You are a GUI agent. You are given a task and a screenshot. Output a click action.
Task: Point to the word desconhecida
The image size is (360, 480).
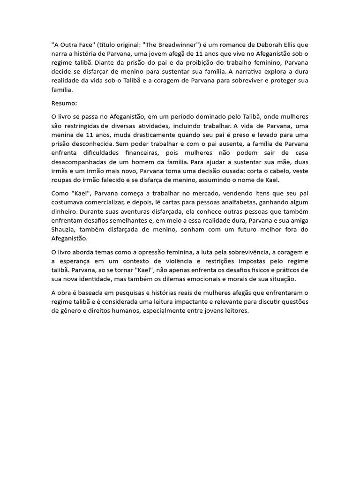tap(97, 144)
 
